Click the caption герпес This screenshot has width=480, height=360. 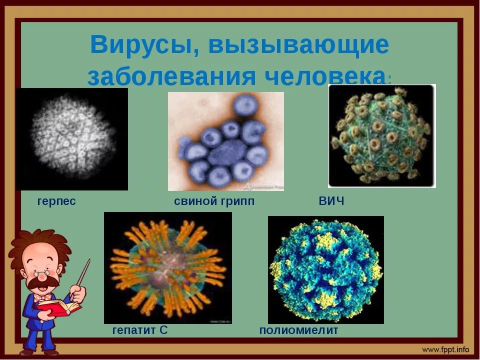tap(56, 201)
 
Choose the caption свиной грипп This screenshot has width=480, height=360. tap(214, 201)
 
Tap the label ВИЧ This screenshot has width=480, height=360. tap(331, 201)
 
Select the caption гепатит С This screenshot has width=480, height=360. tap(140, 330)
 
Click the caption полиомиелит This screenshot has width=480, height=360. tap(298, 330)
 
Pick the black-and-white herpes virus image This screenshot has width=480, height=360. tap(72, 139)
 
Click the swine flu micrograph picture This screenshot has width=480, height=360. tap(226, 141)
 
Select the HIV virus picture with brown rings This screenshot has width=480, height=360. tap(381, 136)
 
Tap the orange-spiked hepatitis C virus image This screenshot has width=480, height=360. tap(168, 268)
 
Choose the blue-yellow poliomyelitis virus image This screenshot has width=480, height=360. tap(326, 270)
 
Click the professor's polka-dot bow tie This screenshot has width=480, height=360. tap(43, 297)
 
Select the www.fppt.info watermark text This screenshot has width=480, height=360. tap(445, 349)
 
